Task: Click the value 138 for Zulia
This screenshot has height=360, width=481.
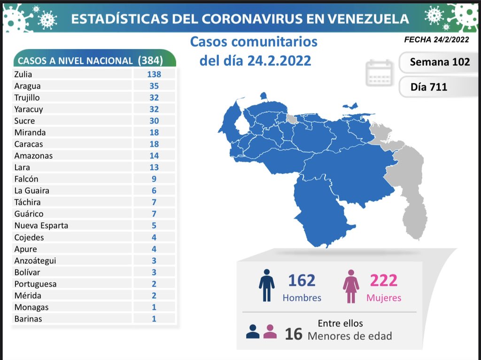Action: coord(154,74)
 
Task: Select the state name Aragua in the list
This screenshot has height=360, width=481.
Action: coord(27,86)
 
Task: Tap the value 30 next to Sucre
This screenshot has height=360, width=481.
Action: coord(154,121)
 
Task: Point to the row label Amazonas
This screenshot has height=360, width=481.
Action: coord(33,156)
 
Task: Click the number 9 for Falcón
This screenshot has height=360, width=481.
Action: coord(154,179)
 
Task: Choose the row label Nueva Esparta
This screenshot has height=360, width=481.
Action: coord(41,225)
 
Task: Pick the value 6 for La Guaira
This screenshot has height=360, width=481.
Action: coord(154,190)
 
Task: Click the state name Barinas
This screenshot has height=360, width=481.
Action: coord(28,319)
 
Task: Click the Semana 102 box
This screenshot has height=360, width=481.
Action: coord(439,62)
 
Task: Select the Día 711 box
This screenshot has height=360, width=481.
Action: coord(428,86)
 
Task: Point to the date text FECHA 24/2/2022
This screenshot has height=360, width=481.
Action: coord(436,40)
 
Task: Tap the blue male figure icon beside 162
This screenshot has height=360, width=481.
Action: coord(266,285)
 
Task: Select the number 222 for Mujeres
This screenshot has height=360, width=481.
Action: coord(383,281)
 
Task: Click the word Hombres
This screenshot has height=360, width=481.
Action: coord(302,298)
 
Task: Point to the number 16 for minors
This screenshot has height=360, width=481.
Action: coord(294,334)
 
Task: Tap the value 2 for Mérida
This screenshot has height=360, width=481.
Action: coord(154,296)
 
